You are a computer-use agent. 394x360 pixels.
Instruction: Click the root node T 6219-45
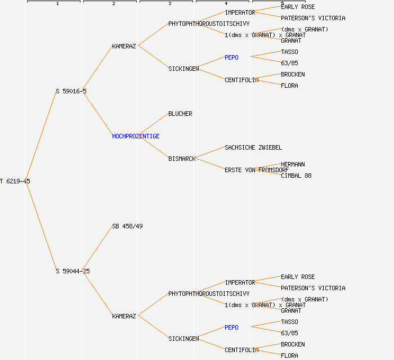(x=15, y=181)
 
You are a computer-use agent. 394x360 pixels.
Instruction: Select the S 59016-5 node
(x=71, y=91)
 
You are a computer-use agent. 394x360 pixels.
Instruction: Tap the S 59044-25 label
(x=73, y=271)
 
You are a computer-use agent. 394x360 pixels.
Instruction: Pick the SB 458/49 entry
(x=127, y=226)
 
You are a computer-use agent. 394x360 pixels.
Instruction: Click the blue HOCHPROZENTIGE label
(x=136, y=136)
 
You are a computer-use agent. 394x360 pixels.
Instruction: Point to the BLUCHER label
(x=180, y=114)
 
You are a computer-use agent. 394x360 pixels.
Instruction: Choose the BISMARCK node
(x=182, y=159)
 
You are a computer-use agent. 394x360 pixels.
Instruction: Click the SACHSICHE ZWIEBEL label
(x=253, y=147)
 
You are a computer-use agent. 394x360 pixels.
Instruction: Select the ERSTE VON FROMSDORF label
(x=257, y=170)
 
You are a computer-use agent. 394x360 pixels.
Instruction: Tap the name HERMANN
(x=293, y=164)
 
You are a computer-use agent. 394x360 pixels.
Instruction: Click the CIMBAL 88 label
(x=296, y=175)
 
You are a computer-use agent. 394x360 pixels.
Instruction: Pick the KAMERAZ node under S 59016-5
(x=124, y=46)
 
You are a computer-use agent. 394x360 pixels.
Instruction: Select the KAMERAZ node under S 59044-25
(x=124, y=316)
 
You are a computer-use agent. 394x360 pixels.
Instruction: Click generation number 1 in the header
(x=57, y=4)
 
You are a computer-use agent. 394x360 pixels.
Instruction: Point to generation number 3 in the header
(x=169, y=4)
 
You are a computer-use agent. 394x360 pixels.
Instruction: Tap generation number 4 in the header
(x=226, y=4)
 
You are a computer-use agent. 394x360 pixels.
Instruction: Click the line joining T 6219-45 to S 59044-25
(x=41, y=226)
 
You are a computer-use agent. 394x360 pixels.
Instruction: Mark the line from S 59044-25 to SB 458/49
(x=97, y=249)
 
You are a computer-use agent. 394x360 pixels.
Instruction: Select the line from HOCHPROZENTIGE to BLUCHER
(x=153, y=125)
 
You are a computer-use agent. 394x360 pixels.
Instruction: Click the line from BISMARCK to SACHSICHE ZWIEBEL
(x=209, y=153)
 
